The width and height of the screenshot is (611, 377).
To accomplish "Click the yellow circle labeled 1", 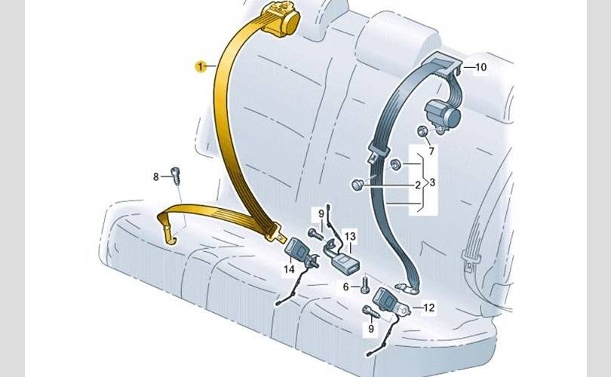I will point(201,67).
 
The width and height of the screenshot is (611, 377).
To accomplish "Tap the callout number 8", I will point(156,177).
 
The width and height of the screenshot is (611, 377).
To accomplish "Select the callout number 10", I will point(481,67).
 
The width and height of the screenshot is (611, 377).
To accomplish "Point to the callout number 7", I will point(431,152).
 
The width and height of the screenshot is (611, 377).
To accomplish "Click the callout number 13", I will point(349,236).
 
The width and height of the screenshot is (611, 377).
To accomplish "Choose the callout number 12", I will point(429,308).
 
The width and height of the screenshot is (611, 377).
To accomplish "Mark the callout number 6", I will point(346,287).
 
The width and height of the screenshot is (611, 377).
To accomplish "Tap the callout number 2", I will point(416,184).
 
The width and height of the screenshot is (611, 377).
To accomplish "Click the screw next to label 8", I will point(177,176).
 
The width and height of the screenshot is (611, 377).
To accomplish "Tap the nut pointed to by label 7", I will point(423,133).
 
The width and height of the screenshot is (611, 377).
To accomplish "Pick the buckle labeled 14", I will point(295,250).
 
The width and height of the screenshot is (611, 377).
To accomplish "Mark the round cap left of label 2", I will point(359,185).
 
